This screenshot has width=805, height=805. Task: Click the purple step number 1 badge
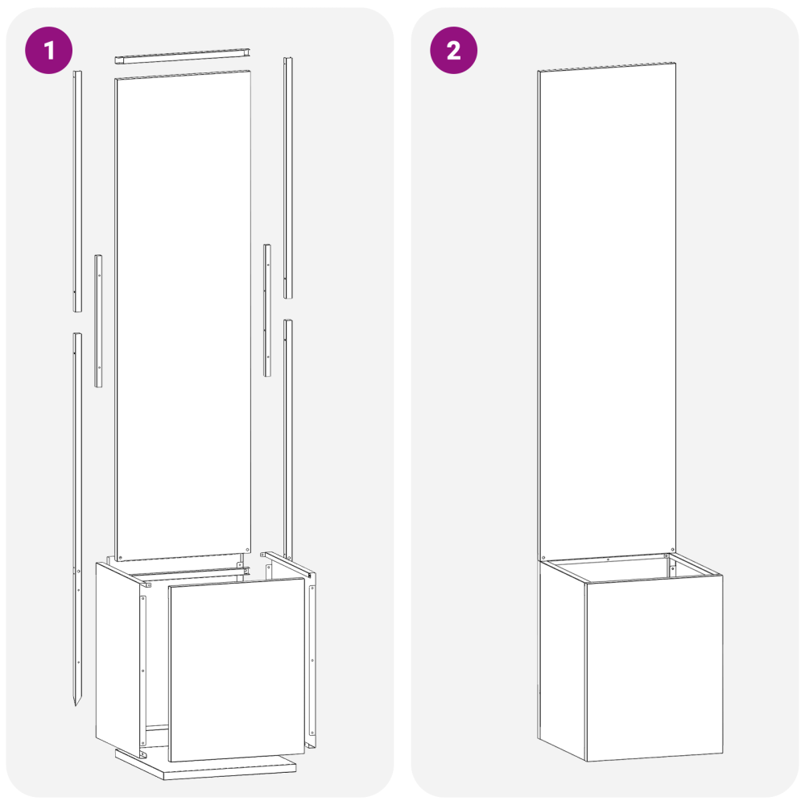[x=49, y=50]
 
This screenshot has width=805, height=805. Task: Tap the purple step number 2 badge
[x=453, y=50]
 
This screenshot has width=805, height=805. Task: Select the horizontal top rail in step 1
[x=182, y=56]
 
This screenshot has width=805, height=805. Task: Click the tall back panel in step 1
[x=183, y=316]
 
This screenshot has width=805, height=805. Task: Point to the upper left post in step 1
[x=77, y=191]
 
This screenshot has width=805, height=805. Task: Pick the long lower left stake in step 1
[x=77, y=518]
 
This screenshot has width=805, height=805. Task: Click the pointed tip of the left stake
[x=76, y=705]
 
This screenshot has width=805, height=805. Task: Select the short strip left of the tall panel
[x=98, y=321]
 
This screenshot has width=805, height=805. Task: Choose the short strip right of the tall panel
[x=267, y=310]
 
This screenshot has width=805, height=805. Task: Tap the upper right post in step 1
[x=288, y=178]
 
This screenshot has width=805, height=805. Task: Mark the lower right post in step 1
[x=288, y=439]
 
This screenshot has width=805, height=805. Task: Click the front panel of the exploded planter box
[x=236, y=670]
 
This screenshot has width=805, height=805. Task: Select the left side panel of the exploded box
[x=121, y=660]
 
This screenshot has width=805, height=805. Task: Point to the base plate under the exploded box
[x=205, y=765]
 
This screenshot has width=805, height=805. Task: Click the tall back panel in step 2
[x=607, y=312]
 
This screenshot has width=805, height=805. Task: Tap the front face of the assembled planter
[x=654, y=668]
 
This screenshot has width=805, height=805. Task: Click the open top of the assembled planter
[x=631, y=568]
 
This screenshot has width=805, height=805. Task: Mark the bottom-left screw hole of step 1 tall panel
[x=120, y=558]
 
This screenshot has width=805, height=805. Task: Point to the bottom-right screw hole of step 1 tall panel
[x=247, y=550]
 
